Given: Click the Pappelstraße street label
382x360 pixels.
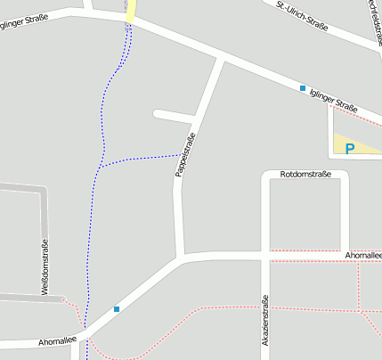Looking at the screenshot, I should pos(184,154).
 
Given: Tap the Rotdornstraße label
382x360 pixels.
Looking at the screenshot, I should pos(305,174).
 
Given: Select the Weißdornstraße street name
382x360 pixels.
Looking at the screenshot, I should pos(44,267).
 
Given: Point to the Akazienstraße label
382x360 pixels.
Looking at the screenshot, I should pos(264,320).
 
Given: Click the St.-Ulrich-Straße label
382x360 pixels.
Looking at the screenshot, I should pos(302,15).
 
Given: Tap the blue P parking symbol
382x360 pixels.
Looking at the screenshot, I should pos(350,149).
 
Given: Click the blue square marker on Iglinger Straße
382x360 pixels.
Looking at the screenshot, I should pos(303,88).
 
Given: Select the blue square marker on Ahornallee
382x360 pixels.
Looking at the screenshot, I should pos(117,309).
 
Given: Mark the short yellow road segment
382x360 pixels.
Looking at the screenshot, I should pos(131,11).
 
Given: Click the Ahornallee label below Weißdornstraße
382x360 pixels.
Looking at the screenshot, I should pos(54,341).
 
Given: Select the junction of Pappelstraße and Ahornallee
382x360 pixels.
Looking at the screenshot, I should pos(182,258).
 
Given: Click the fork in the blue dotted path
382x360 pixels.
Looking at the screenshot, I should pos(100,167).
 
